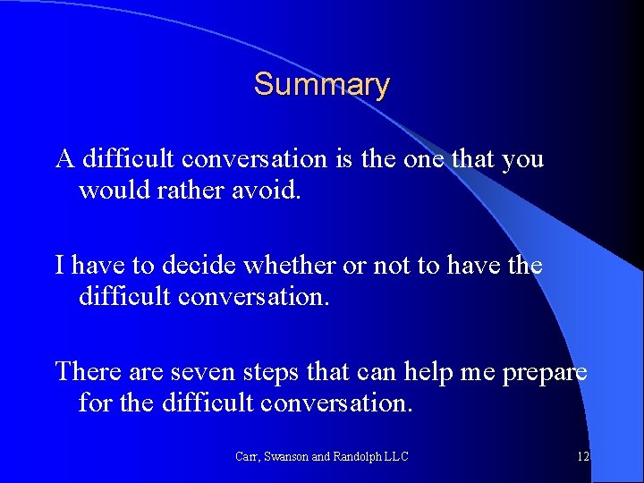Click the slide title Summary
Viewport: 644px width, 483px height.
pos(321,85)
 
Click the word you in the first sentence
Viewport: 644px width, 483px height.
pos(521,159)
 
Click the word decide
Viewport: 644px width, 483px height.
pos(186,266)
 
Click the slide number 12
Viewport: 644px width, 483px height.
pos(582,456)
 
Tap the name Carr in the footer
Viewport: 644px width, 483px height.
pos(247,456)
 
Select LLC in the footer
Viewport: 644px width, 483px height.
pos(396,456)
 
